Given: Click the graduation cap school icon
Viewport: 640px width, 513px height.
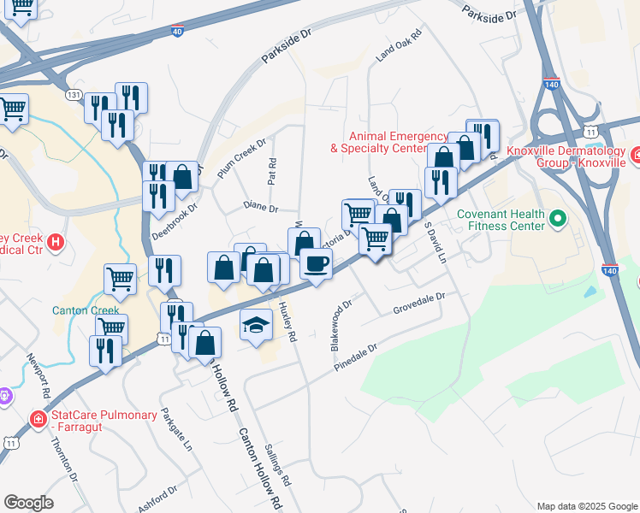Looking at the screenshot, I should (x=256, y=325).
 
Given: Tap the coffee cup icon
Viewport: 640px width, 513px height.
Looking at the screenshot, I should (x=316, y=264).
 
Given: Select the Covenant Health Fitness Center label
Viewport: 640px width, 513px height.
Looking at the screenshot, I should (x=500, y=220).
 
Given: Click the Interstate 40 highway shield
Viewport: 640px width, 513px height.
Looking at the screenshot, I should (x=177, y=31).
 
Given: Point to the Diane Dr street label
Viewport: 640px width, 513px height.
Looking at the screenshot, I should (x=261, y=207).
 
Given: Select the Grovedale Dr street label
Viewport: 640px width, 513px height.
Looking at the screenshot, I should (x=419, y=308).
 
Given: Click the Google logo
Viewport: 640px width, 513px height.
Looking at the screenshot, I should (x=28, y=503).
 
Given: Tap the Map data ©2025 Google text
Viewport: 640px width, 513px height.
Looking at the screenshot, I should (x=586, y=506).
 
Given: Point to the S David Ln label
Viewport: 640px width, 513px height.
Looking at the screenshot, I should (x=437, y=244).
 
